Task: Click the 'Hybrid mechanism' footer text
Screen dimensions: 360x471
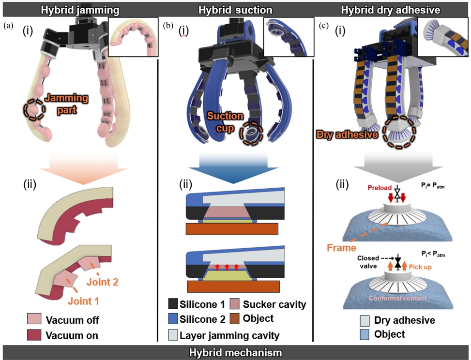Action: pos(235,352)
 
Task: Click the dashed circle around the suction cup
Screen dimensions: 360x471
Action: pos(251,131)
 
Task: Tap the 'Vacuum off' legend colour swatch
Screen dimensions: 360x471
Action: pos(34,320)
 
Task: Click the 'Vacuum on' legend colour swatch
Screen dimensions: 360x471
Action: pos(34,334)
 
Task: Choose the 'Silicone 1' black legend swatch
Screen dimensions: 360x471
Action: pos(172,305)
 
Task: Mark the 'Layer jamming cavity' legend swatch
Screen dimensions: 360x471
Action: pos(172,334)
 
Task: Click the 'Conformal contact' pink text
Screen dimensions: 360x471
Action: pos(398,298)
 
